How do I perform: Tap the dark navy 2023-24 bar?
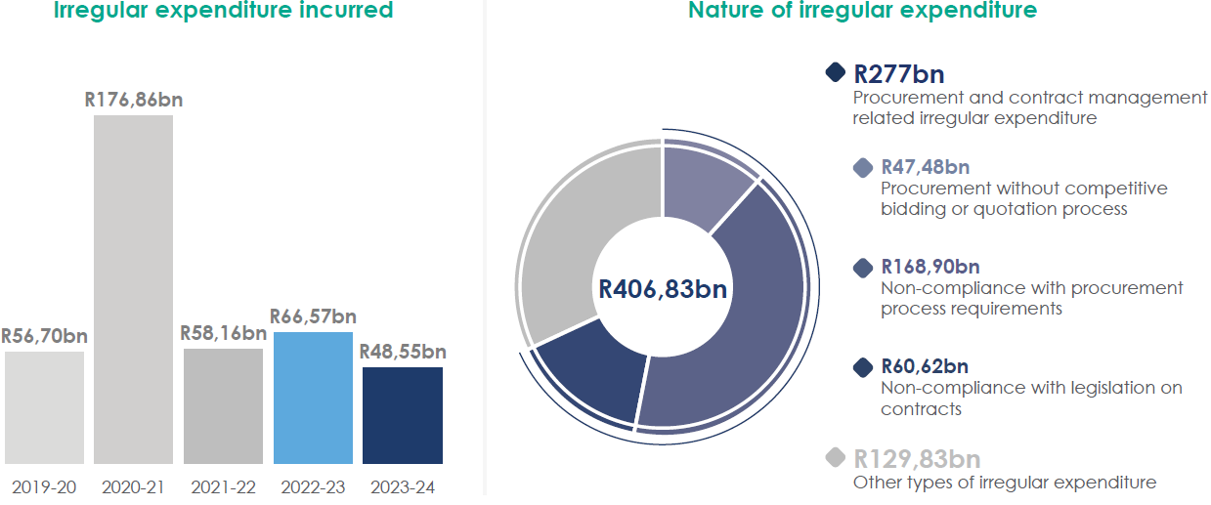click(x=402, y=415)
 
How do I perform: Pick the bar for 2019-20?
click(x=44, y=407)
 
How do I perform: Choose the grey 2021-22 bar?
click(x=223, y=405)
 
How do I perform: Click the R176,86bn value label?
click(x=134, y=99)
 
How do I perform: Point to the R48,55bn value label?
click(x=403, y=352)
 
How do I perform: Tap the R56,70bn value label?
click(x=44, y=336)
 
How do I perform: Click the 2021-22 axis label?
click(x=223, y=487)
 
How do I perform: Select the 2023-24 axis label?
click(x=402, y=487)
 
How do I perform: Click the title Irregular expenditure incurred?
click(x=224, y=12)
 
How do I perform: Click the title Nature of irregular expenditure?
click(x=862, y=12)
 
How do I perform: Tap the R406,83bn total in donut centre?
click(x=663, y=289)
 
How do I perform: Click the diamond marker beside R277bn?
click(x=835, y=72)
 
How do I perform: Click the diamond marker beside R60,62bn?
click(x=863, y=367)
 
